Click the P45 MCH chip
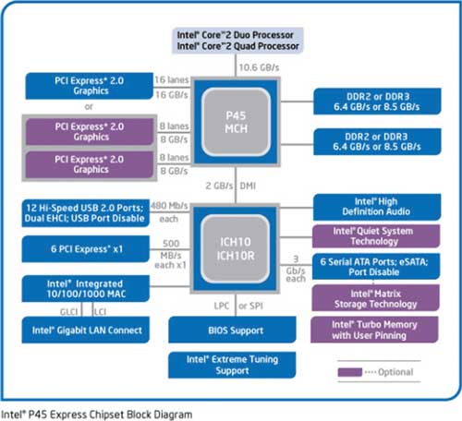(x=236, y=122)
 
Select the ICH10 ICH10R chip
(x=236, y=248)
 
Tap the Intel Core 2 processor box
(x=237, y=41)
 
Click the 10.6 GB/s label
(x=259, y=67)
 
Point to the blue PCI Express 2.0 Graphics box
(x=90, y=86)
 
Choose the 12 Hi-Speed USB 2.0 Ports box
(x=85, y=213)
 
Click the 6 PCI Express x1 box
(x=86, y=249)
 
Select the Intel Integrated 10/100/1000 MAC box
(x=86, y=289)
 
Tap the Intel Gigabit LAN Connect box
(x=86, y=330)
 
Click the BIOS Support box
(x=232, y=330)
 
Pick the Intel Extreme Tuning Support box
(x=232, y=365)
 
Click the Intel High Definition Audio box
(x=377, y=207)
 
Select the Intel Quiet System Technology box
(x=376, y=236)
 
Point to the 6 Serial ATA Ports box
(x=376, y=267)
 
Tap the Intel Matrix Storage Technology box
(x=375, y=298)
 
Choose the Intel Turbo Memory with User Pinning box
(x=374, y=330)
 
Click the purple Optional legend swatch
(x=350, y=372)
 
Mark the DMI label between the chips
(x=248, y=186)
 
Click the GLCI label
(x=69, y=312)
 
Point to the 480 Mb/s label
(x=169, y=206)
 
